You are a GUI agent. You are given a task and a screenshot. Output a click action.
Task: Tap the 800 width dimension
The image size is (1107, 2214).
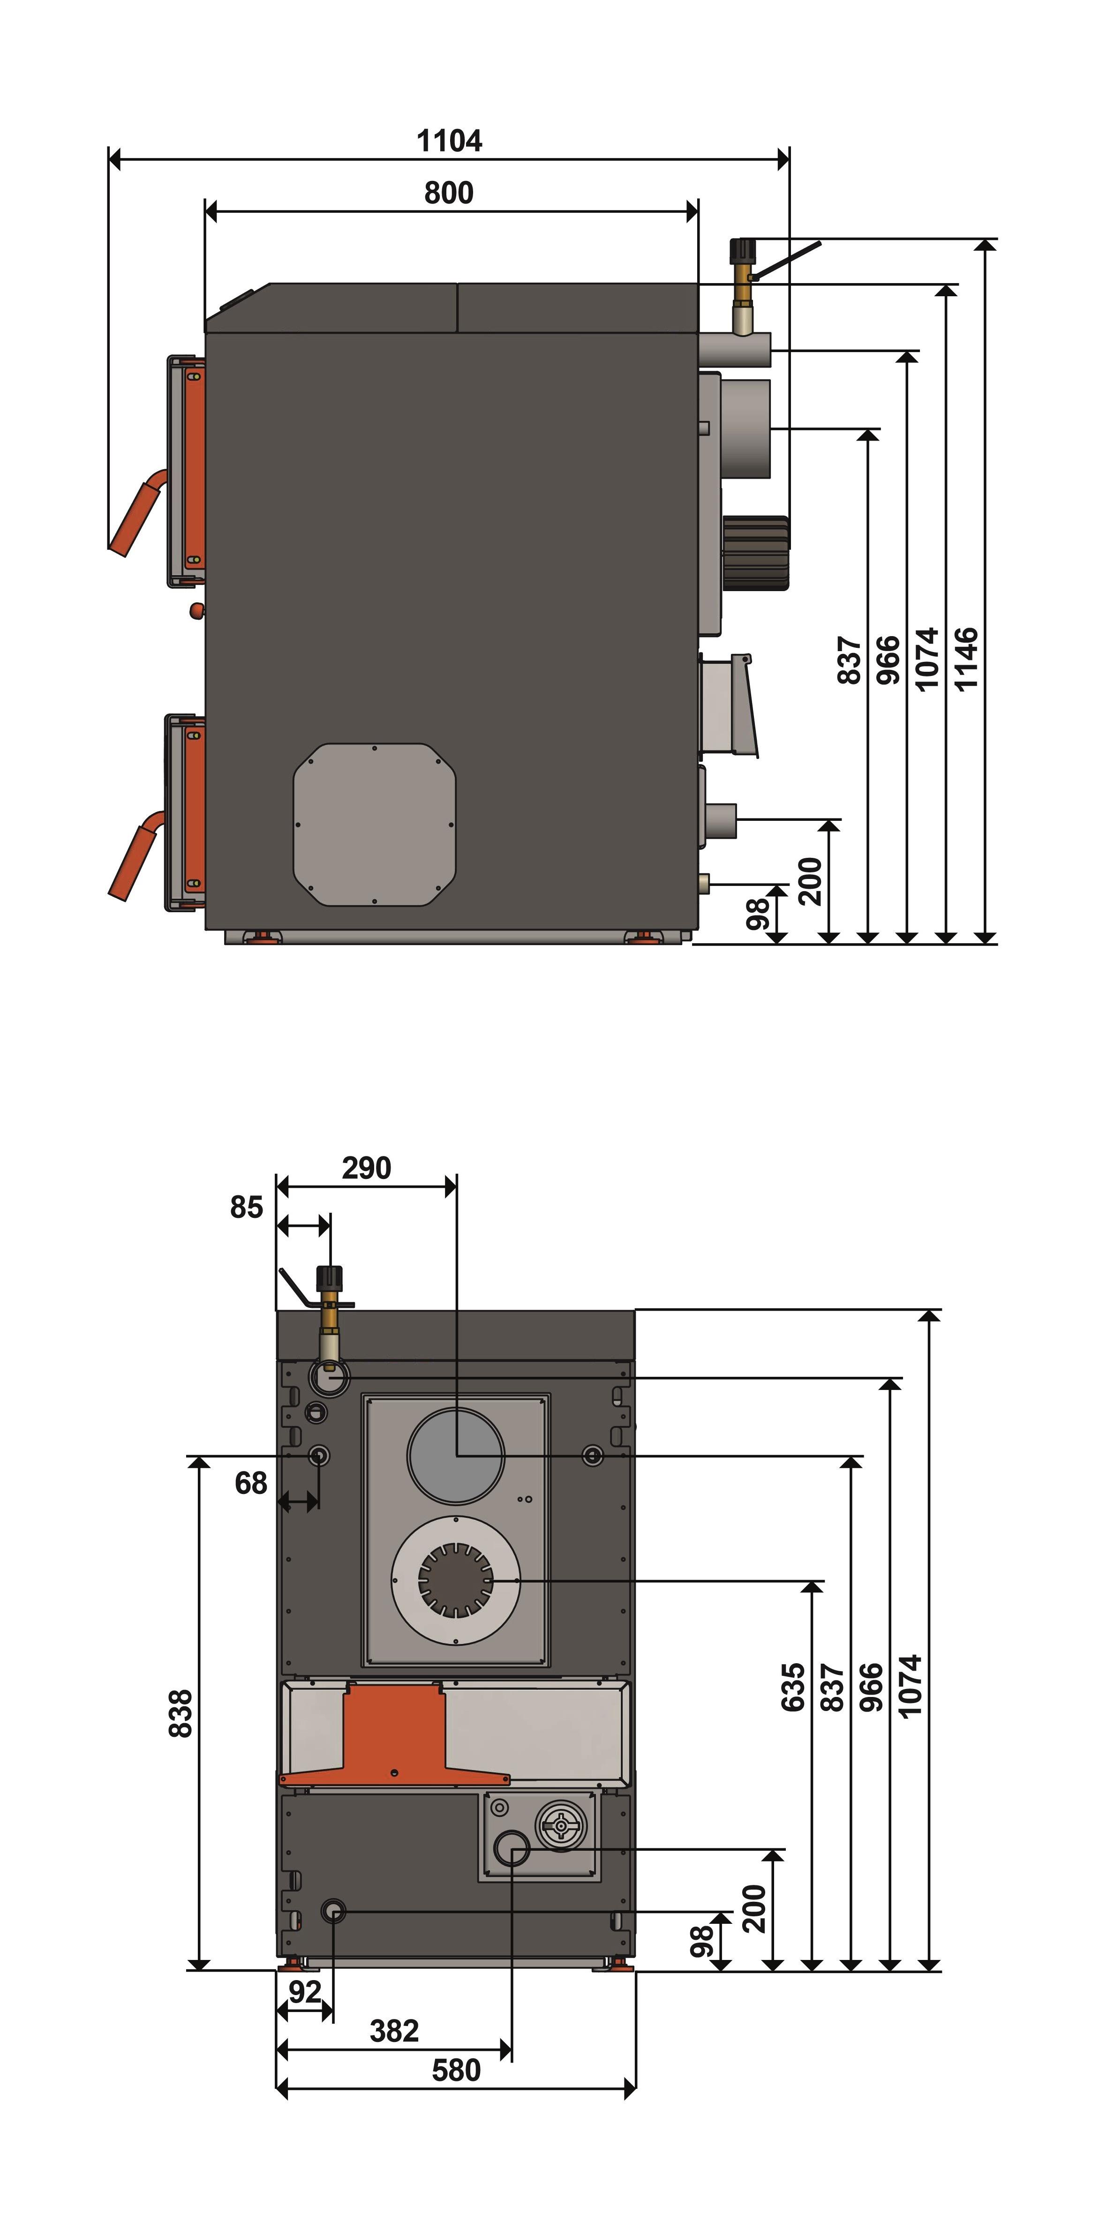point(449,193)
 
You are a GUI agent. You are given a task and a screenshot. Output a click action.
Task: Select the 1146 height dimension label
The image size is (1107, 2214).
point(966,659)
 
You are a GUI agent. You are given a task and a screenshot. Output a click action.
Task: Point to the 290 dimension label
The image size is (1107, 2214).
point(366,1168)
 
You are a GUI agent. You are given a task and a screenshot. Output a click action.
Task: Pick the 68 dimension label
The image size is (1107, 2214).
point(251,1484)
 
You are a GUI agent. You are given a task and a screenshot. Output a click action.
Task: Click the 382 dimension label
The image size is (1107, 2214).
point(394,2031)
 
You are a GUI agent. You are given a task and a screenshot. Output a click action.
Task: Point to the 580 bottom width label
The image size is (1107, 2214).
point(456,2071)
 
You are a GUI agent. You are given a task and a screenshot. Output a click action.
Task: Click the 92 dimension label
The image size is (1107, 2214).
point(305,1991)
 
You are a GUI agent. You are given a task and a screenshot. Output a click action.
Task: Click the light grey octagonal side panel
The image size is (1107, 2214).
point(375,824)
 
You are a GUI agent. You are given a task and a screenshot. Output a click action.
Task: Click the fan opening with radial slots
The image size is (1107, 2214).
point(456,1580)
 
